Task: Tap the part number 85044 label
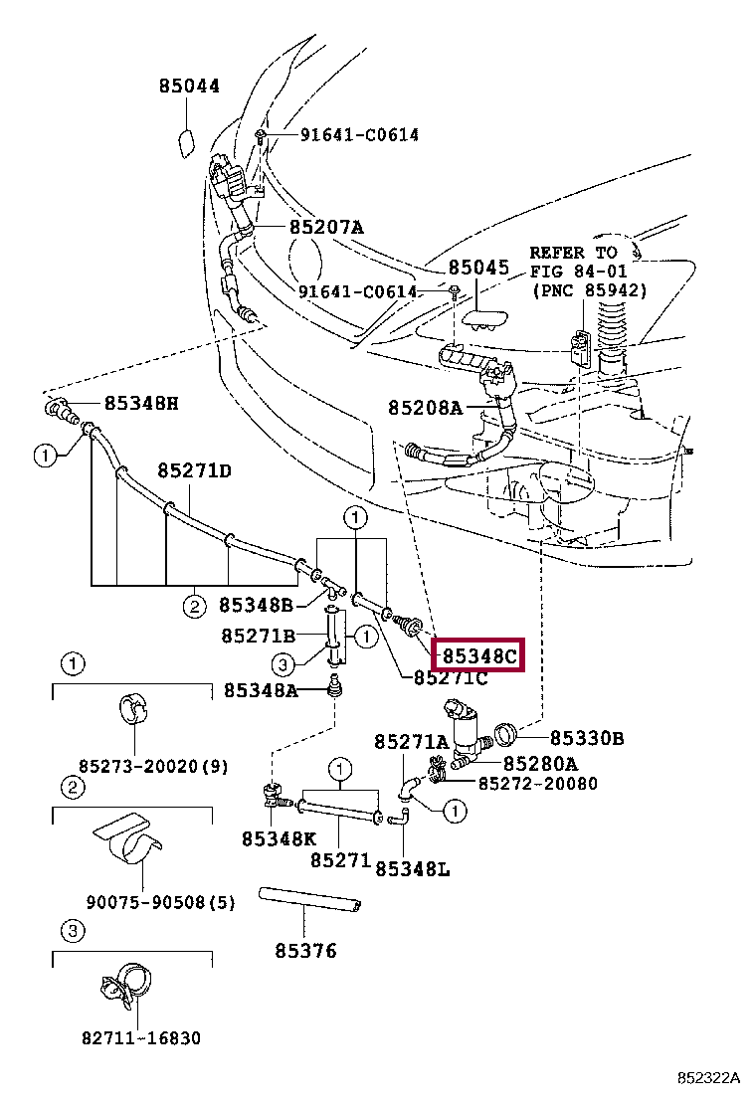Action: (x=188, y=87)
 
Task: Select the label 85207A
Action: (x=326, y=227)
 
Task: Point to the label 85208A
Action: (x=426, y=407)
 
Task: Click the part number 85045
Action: (x=477, y=268)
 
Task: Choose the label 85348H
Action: (x=142, y=403)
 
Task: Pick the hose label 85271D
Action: (x=194, y=469)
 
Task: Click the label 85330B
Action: (x=587, y=737)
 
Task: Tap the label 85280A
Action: (x=540, y=763)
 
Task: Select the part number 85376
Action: (x=306, y=951)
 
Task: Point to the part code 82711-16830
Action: (x=141, y=1038)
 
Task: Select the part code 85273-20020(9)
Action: (x=154, y=766)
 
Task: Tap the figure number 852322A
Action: (x=709, y=1078)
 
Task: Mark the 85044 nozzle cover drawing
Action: (x=186, y=141)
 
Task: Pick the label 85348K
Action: (x=279, y=838)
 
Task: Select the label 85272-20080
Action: (x=538, y=783)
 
